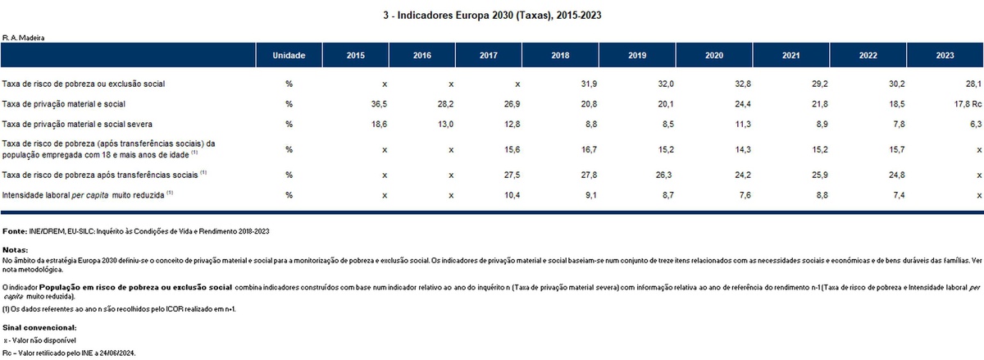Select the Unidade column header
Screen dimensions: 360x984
click(x=289, y=56)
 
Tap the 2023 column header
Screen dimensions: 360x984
click(x=945, y=56)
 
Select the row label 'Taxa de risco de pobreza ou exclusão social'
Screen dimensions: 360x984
click(x=86, y=84)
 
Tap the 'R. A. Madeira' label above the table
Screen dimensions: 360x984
click(x=23, y=37)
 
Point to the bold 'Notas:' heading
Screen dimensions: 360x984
click(x=16, y=248)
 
